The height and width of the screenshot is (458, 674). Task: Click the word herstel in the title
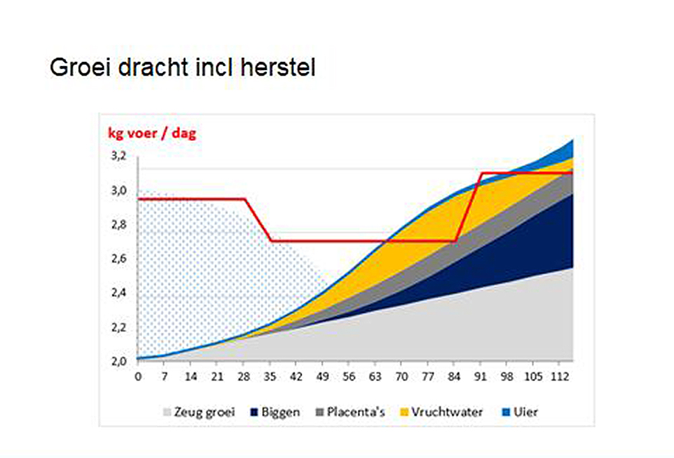click(x=278, y=67)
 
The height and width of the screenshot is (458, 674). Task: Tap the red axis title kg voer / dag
click(x=152, y=134)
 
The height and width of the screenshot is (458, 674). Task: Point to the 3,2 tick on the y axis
click(x=119, y=156)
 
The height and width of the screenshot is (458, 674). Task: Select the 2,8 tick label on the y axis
click(x=119, y=225)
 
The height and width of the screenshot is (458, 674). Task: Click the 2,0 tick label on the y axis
click(x=119, y=362)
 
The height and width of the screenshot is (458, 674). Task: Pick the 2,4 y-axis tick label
click(x=119, y=293)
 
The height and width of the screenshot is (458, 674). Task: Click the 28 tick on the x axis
click(x=244, y=377)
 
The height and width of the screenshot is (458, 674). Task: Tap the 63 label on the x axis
click(x=375, y=377)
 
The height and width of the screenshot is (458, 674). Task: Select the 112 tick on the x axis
click(x=560, y=377)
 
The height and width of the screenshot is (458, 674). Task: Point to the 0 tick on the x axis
click(x=138, y=377)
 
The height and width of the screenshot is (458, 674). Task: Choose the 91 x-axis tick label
click(x=480, y=377)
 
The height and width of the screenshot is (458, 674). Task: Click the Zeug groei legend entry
click(x=200, y=412)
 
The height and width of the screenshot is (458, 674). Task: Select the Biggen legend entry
click(x=275, y=412)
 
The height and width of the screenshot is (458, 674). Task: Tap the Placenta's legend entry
click(x=350, y=412)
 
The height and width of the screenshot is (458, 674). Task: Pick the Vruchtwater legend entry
click(x=441, y=412)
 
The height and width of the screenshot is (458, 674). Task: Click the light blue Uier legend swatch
click(x=506, y=412)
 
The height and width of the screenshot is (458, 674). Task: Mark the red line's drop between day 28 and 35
click(x=258, y=220)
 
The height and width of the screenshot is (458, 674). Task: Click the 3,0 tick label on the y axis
click(x=119, y=190)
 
